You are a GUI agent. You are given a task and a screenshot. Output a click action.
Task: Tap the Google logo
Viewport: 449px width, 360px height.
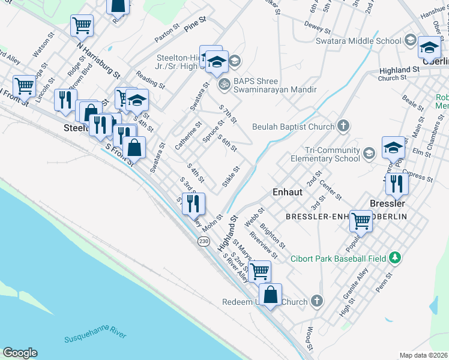click(x=20, y=353)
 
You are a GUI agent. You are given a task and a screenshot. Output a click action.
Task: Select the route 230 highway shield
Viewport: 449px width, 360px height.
click(x=203, y=241)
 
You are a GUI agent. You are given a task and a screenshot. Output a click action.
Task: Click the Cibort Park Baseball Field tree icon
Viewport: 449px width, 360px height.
click(x=394, y=258)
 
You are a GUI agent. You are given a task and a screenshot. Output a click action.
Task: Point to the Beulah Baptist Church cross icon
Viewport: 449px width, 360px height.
click(x=343, y=126)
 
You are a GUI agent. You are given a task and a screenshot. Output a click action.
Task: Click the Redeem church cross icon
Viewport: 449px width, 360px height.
click(x=317, y=301)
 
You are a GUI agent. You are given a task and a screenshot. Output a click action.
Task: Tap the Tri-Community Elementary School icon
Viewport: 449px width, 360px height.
click(x=369, y=154)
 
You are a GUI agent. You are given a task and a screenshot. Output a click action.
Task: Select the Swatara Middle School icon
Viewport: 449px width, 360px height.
click(x=411, y=41)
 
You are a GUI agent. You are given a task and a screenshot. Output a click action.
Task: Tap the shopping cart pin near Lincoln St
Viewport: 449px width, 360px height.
click(x=24, y=85)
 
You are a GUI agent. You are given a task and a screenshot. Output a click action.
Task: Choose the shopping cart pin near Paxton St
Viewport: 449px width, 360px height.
click(x=82, y=25)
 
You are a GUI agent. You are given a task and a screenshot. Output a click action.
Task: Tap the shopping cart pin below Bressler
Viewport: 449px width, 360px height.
click(x=361, y=220)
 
